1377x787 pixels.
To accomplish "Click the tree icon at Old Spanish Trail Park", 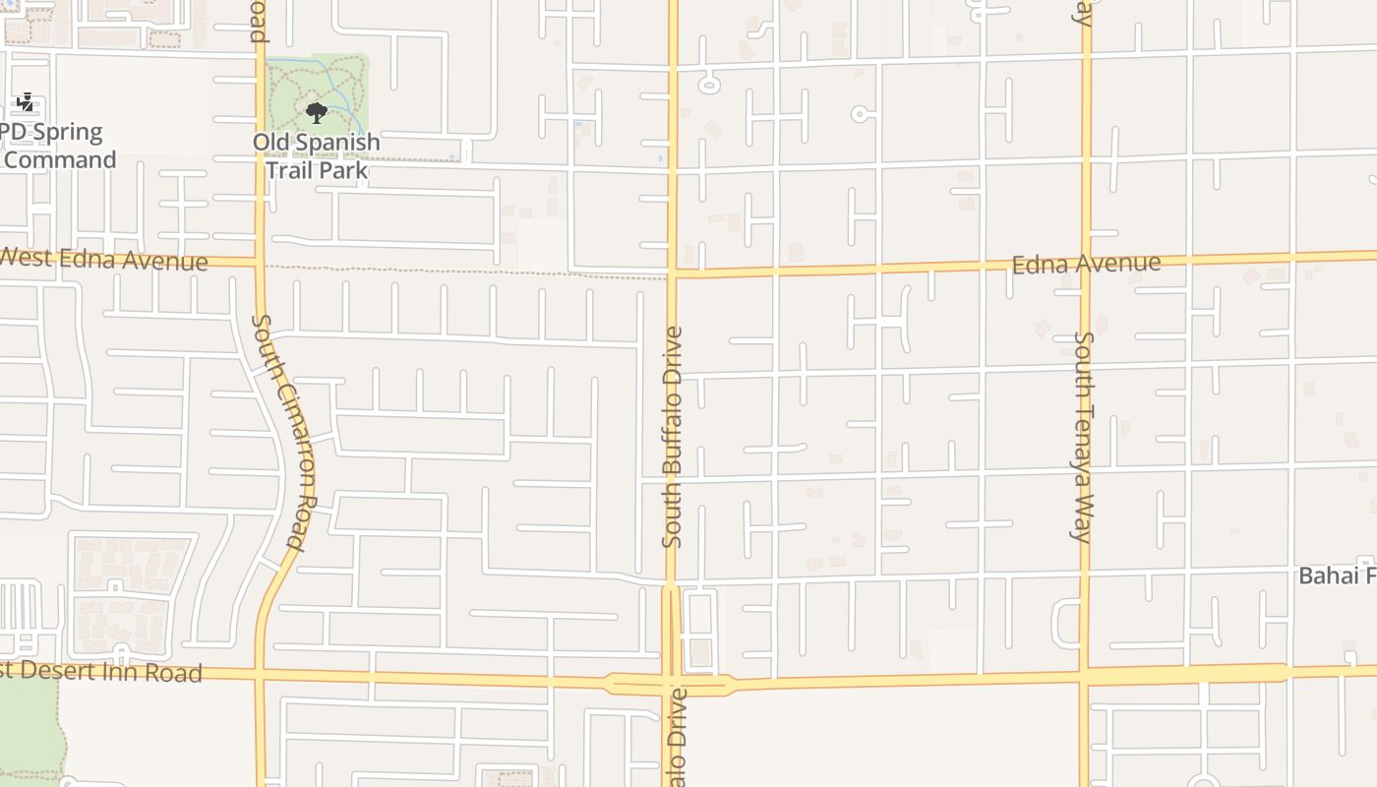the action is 316,112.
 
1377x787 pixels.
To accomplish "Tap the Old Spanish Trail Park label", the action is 316,156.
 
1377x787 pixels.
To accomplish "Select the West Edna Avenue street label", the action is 103,260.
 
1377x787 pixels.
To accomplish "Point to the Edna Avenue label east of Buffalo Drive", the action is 1086,264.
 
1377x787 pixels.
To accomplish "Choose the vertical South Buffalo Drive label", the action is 673,437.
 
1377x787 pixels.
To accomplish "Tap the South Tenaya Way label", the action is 1083,437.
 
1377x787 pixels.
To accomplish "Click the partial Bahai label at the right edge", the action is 1337,575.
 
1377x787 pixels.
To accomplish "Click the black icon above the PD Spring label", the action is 26,101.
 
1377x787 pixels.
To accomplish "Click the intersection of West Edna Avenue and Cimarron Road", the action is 260,263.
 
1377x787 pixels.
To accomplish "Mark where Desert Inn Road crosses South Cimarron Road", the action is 260,675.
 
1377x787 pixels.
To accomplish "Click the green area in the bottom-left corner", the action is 30,728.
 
